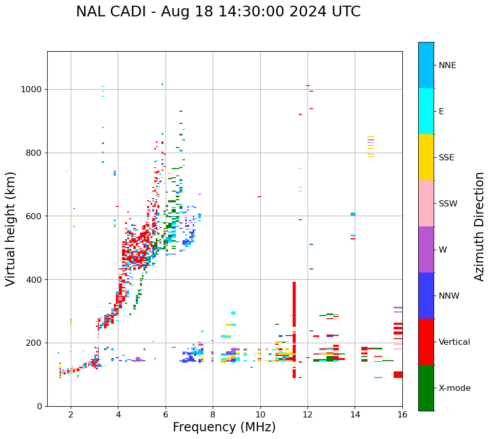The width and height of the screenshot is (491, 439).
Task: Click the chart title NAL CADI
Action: pos(218,12)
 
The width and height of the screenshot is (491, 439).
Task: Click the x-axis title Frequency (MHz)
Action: pos(224,427)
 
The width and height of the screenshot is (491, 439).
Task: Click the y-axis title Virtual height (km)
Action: pos(11,228)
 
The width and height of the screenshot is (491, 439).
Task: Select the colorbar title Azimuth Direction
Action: pos(479,226)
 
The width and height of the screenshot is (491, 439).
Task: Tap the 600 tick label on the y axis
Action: pos(33,216)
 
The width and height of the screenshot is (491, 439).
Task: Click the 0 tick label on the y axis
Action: pos(39,406)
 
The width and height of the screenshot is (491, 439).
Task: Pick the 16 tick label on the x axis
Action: pos(402,414)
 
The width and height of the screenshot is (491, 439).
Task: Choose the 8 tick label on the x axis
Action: pos(213,414)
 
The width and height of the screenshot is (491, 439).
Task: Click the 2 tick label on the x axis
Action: pos(71,414)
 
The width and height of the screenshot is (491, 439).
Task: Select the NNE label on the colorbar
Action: pos(447,66)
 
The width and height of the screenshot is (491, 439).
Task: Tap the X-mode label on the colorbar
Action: pos(454,388)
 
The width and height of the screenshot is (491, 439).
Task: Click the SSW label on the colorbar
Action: pos(448,204)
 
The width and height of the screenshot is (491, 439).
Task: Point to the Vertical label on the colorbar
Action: pos(454,342)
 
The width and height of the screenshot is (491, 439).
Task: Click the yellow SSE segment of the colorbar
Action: pos(426,157)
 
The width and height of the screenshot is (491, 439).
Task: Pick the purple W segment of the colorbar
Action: pos(426,249)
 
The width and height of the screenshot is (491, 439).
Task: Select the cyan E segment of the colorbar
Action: pos(426,111)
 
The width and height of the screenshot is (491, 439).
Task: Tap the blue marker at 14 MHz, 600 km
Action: pos(353,214)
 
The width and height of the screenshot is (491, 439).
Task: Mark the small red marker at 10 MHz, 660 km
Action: pos(259,197)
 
